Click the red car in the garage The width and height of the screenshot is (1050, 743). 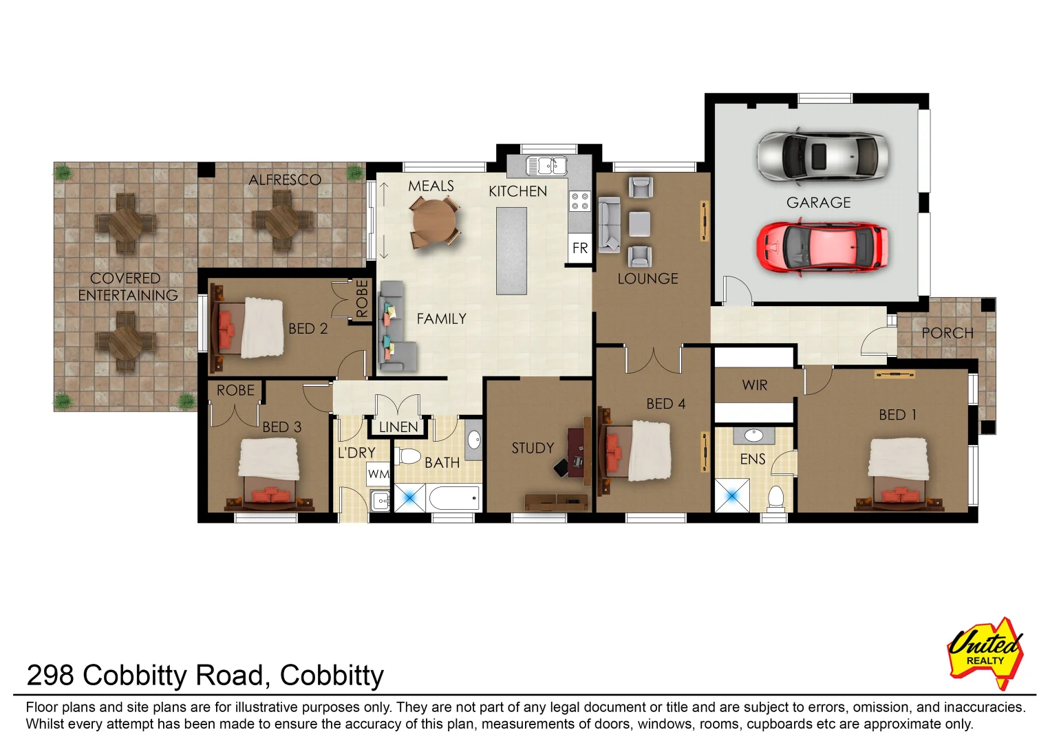[x=822, y=248]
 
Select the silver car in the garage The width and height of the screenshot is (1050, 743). [x=822, y=155]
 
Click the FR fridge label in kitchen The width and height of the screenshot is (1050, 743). [x=580, y=248]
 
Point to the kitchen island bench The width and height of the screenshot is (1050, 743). [x=511, y=251]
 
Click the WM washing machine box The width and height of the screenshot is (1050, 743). [x=378, y=474]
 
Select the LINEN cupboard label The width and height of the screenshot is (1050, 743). [x=398, y=427]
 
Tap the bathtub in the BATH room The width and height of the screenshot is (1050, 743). [x=453, y=497]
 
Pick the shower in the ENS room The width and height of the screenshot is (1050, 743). [x=731, y=496]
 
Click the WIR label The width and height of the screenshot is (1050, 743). [x=754, y=385]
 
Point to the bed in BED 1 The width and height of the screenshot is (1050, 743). [x=899, y=475]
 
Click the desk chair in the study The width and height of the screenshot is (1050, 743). [x=562, y=466]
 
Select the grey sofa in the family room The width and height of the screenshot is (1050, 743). [x=395, y=327]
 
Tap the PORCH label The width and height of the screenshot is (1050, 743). [x=947, y=334]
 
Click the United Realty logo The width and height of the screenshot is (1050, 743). [x=985, y=652]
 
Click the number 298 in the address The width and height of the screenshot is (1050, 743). [x=50, y=676]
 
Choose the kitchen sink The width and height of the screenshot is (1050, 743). [x=546, y=166]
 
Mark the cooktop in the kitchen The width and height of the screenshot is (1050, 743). [x=579, y=201]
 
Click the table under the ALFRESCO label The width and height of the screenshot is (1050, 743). [x=281, y=220]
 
